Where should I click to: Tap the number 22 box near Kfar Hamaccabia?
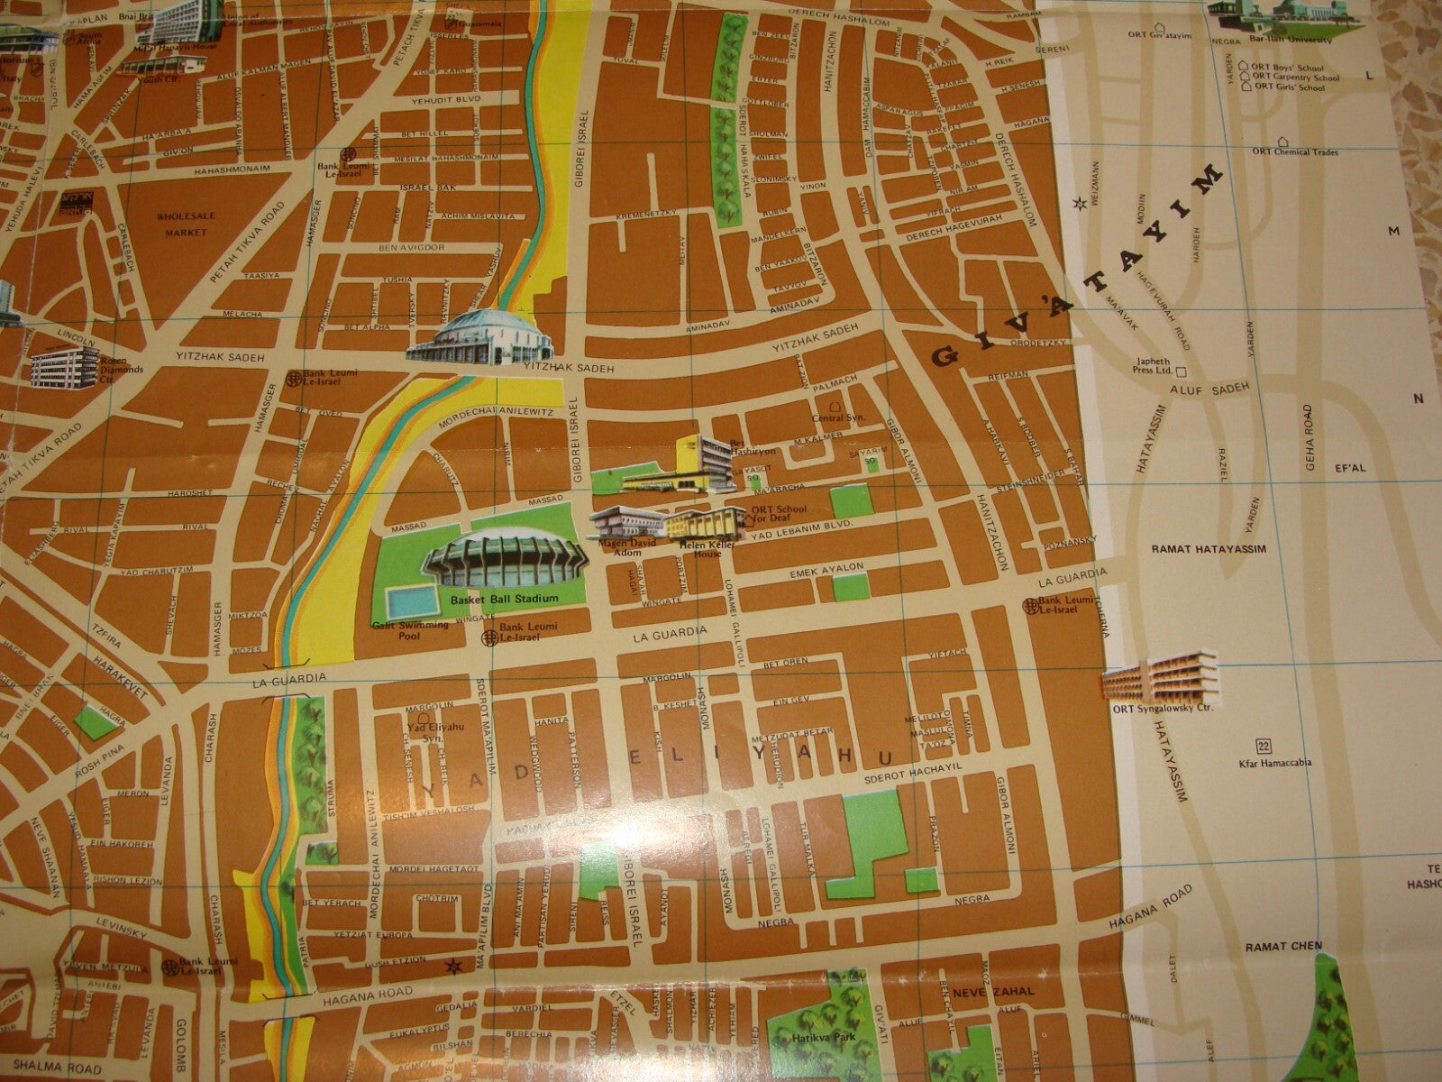click(1264, 745)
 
